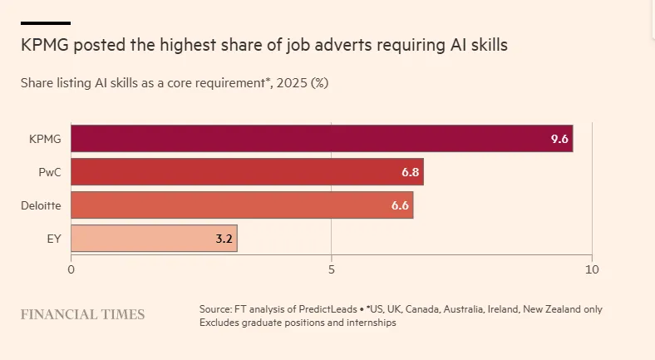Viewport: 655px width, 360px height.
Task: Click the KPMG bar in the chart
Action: click(x=322, y=138)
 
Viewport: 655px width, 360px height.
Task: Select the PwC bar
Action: click(x=248, y=171)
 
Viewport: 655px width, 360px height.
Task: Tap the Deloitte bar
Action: click(x=242, y=205)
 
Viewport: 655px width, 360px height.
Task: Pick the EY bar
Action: click(x=154, y=239)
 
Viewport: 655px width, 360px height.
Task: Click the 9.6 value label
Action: click(x=559, y=139)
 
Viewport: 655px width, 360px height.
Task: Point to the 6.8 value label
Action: click(x=411, y=172)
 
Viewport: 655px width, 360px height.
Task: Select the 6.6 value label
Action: click(x=400, y=205)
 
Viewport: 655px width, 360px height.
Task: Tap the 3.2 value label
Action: click(x=224, y=239)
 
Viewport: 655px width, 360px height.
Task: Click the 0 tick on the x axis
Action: click(x=71, y=269)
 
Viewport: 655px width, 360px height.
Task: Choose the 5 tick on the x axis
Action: click(x=332, y=269)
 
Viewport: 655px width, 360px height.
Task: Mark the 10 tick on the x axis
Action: click(x=592, y=269)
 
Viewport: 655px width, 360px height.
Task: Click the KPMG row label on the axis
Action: click(x=45, y=139)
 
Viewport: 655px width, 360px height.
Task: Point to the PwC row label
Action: click(x=50, y=172)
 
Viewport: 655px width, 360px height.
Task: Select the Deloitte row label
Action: click(x=41, y=205)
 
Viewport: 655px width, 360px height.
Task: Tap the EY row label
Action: click(x=54, y=239)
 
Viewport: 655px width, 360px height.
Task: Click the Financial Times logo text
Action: click(x=83, y=314)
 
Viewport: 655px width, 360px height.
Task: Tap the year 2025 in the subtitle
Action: click(x=292, y=82)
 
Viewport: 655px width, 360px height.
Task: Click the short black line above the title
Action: click(x=46, y=23)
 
